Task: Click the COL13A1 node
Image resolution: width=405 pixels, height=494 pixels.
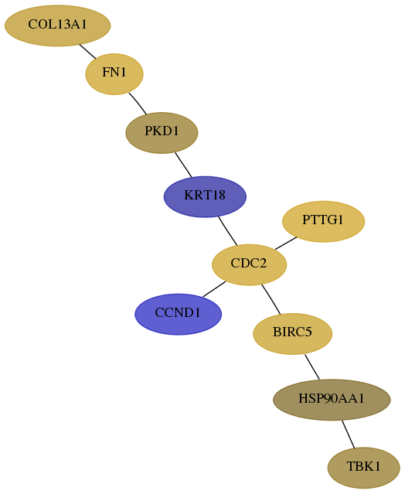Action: point(58,26)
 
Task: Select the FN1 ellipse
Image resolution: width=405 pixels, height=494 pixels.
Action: point(114,74)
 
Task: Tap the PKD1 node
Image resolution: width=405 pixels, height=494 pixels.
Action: point(162,133)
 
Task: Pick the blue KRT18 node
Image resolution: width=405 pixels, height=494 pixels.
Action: point(205,196)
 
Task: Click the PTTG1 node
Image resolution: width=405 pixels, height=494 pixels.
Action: point(323,221)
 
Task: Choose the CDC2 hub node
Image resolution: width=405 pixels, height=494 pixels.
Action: point(249,264)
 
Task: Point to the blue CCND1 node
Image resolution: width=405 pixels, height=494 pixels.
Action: point(179,314)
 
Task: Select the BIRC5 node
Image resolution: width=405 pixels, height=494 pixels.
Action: point(293,334)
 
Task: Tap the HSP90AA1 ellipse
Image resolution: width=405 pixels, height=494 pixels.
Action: point(332,400)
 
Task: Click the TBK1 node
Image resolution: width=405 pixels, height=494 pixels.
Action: point(364,468)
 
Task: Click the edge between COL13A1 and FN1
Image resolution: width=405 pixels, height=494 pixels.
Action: point(87,51)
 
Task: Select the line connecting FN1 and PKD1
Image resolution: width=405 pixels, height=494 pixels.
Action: point(138,104)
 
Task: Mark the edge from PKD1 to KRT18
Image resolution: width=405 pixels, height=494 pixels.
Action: point(183,165)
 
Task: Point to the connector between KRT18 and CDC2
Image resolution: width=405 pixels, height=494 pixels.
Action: point(228,231)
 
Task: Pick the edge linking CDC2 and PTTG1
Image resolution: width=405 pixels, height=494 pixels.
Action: point(286,244)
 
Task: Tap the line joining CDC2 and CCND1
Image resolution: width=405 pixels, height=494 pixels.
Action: point(214,289)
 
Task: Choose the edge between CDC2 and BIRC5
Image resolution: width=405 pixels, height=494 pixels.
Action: point(271,299)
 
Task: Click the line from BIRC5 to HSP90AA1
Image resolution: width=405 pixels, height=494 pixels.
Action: point(312,367)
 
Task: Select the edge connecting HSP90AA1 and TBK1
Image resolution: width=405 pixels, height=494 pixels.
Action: point(349,434)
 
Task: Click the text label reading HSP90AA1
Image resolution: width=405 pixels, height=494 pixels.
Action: point(332,399)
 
